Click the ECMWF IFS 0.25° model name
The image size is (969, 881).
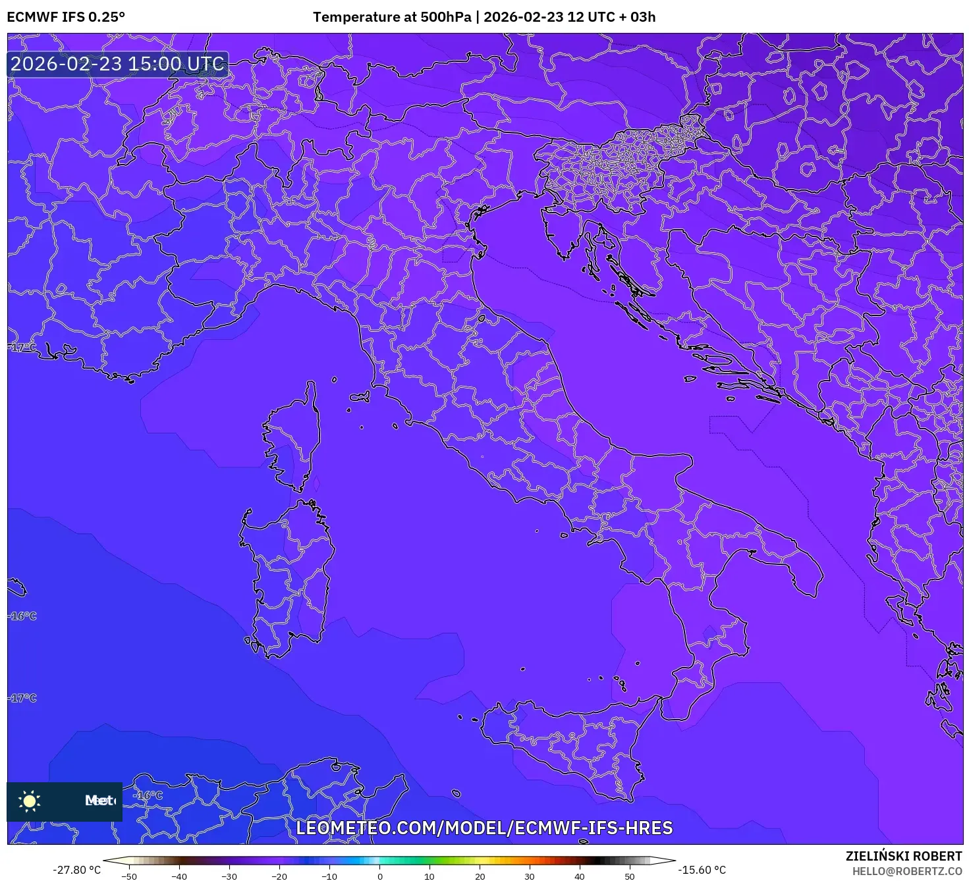[66, 17]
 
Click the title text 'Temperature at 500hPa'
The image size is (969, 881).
[392, 17]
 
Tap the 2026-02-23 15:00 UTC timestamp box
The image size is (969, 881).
[118, 64]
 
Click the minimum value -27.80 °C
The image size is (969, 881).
[77, 870]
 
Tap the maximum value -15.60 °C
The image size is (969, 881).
[702, 870]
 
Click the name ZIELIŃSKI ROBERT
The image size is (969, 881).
[904, 856]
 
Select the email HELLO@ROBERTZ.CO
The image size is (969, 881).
[907, 871]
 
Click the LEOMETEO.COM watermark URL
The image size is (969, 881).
[484, 828]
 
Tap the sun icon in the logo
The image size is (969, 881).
[30, 801]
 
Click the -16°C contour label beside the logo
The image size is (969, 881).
[148, 795]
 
